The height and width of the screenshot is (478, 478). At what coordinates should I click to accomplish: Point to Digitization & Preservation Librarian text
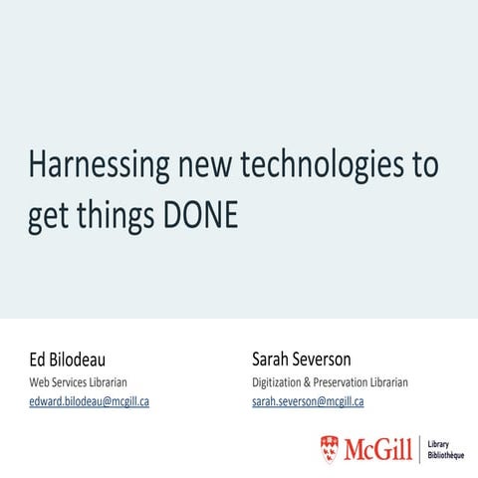tap(331, 382)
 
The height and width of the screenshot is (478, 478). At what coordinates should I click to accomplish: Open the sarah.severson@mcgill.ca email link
tap(308, 401)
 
